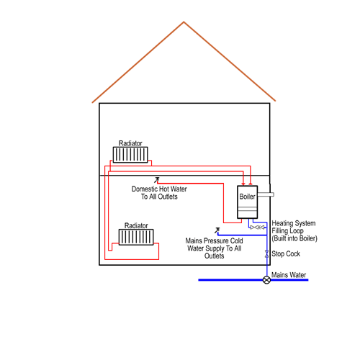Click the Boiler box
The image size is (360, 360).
tap(248, 202)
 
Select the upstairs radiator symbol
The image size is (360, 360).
tap(130, 155)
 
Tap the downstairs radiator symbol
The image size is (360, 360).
tap(136, 237)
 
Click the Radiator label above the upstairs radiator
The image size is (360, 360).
tap(130, 143)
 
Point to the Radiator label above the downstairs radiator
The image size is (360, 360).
tap(136, 225)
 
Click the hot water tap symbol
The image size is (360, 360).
tap(157, 180)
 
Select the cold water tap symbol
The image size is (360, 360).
tap(217, 230)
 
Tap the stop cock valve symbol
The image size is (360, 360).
tap(266, 254)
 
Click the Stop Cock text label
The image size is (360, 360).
tap(286, 253)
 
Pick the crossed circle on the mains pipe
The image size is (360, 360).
tap(266, 280)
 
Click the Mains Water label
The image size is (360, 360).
tap(289, 275)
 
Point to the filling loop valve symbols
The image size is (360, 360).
tap(257, 227)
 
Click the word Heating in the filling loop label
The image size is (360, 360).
tap(282, 223)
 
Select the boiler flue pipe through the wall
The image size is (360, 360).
tap(266, 194)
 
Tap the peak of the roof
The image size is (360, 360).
tap(184, 22)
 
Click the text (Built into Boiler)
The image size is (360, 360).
tap(294, 238)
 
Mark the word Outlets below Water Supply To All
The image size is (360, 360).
tap(215, 256)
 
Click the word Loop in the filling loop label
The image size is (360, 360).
tap(297, 231)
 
